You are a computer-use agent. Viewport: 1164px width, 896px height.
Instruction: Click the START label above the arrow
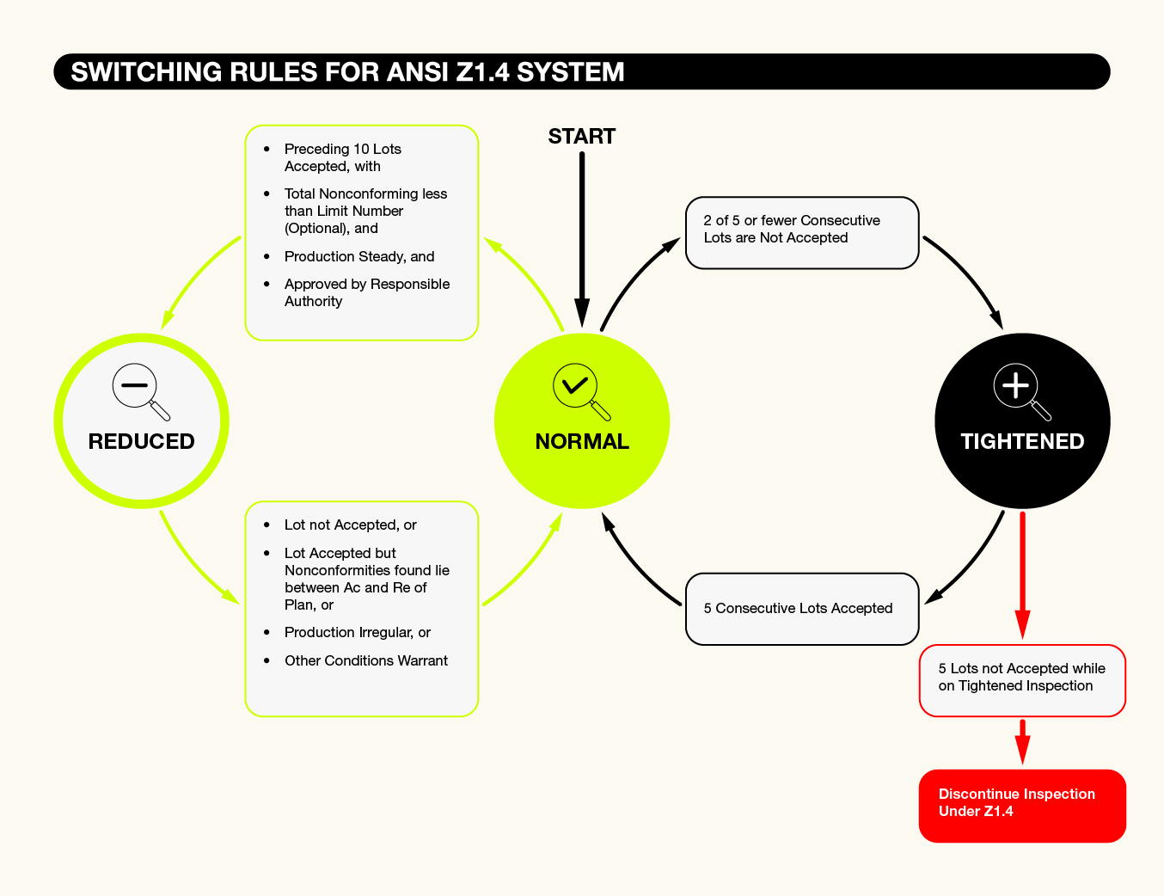581,137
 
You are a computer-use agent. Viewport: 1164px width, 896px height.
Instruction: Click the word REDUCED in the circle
141,441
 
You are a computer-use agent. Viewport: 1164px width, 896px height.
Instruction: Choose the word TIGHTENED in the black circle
1022,441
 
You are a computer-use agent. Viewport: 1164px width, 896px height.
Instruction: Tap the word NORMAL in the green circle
582,441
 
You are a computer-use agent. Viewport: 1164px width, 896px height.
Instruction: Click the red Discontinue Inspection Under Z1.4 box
1022,805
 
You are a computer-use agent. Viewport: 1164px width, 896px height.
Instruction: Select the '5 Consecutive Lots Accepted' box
801,609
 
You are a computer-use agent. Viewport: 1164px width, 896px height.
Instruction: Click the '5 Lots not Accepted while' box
1022,679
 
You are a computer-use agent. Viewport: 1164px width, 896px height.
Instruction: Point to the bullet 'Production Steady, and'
359,256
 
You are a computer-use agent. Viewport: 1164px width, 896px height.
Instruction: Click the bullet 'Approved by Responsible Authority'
366,292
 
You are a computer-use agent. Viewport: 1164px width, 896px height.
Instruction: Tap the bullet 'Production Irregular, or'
358,632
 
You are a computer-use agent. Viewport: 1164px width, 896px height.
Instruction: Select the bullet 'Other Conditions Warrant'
365,660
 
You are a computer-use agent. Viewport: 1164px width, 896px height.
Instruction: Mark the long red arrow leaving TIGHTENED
1022,572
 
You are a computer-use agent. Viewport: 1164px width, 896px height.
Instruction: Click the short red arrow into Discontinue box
1022,740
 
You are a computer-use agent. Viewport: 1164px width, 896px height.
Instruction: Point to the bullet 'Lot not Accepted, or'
350,525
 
